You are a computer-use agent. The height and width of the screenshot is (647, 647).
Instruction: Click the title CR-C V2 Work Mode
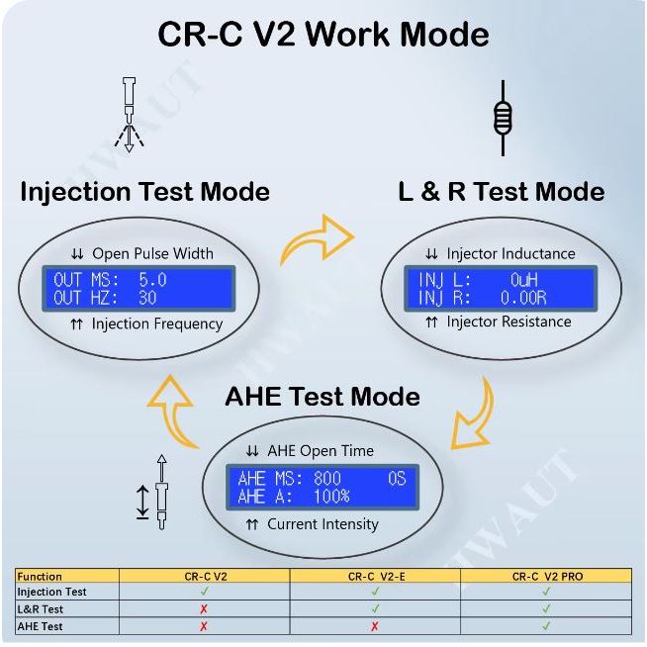(323, 35)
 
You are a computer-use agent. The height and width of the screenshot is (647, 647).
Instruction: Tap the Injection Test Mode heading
(145, 191)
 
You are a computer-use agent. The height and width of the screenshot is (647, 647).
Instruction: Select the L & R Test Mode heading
(502, 191)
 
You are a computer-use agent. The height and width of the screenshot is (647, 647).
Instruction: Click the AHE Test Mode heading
(323, 397)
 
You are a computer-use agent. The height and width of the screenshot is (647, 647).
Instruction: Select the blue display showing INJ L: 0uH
(503, 288)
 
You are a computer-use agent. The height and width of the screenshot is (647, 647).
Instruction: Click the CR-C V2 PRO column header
(546, 576)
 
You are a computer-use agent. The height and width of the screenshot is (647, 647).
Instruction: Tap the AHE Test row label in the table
(40, 626)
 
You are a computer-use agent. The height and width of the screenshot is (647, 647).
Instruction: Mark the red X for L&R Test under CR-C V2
(204, 609)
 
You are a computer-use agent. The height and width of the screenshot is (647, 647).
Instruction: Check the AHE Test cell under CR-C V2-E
(375, 626)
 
